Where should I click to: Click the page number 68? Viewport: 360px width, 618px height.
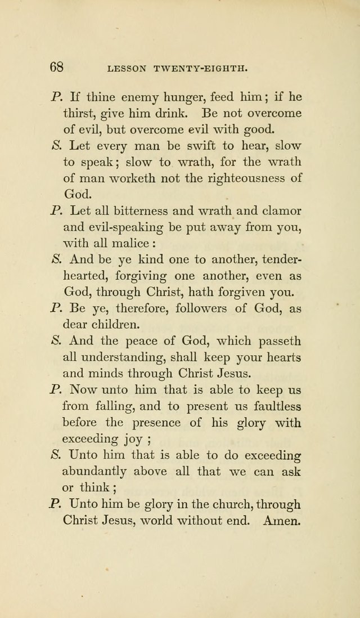[56, 67]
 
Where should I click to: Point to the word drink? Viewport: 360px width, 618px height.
[174, 113]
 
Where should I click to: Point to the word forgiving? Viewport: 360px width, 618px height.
[141, 276]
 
